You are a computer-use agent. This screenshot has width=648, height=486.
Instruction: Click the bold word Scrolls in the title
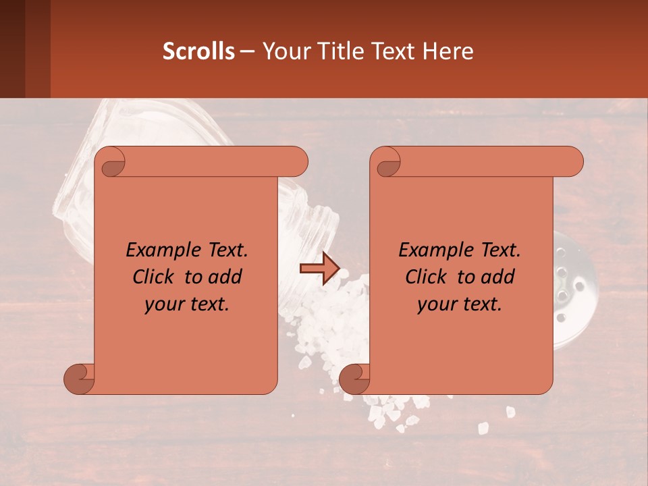point(198,51)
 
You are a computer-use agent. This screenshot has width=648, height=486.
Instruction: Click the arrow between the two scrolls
point(319,269)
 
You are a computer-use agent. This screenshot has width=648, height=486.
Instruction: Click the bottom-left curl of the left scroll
point(80,378)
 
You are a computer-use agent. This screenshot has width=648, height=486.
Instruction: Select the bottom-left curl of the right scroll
point(354,378)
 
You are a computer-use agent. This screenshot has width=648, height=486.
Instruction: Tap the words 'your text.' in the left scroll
point(187,304)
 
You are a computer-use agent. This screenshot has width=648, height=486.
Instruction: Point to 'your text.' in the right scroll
point(460,304)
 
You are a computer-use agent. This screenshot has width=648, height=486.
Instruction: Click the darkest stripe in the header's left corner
point(12,49)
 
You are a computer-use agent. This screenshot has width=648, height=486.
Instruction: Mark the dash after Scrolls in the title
point(247,51)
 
